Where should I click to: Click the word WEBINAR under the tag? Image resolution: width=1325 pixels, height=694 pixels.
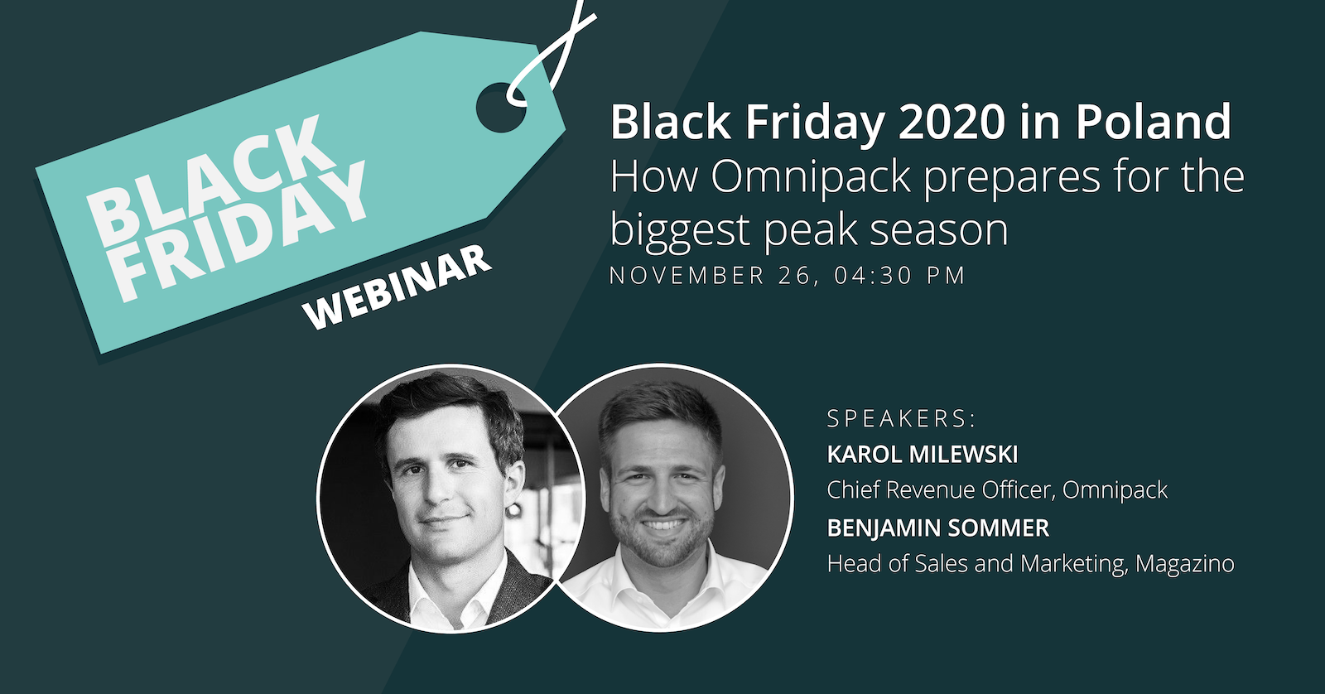pyautogui.click(x=397, y=288)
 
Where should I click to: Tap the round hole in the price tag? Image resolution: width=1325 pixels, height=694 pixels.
pyautogui.click(x=501, y=107)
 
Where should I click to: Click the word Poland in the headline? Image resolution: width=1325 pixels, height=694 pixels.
pyautogui.click(x=1154, y=121)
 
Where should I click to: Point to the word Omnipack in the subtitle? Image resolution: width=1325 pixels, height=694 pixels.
pyautogui.click(x=810, y=177)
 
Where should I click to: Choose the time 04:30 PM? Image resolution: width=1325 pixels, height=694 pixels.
pyautogui.click(x=900, y=276)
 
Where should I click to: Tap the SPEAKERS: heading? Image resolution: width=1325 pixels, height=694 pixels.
pyautogui.click(x=901, y=418)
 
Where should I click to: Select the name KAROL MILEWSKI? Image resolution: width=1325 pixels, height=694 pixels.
pyautogui.click(x=923, y=455)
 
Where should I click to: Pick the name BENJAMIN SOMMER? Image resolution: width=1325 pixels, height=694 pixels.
pyautogui.click(x=938, y=528)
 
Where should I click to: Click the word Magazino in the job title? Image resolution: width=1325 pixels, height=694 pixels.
pyautogui.click(x=1185, y=564)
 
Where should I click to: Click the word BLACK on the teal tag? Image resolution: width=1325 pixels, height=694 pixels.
pyautogui.click(x=211, y=181)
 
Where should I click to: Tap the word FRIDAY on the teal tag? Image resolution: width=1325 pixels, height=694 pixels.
pyautogui.click(x=239, y=231)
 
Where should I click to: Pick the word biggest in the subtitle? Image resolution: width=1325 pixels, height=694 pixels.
pyautogui.click(x=680, y=231)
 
